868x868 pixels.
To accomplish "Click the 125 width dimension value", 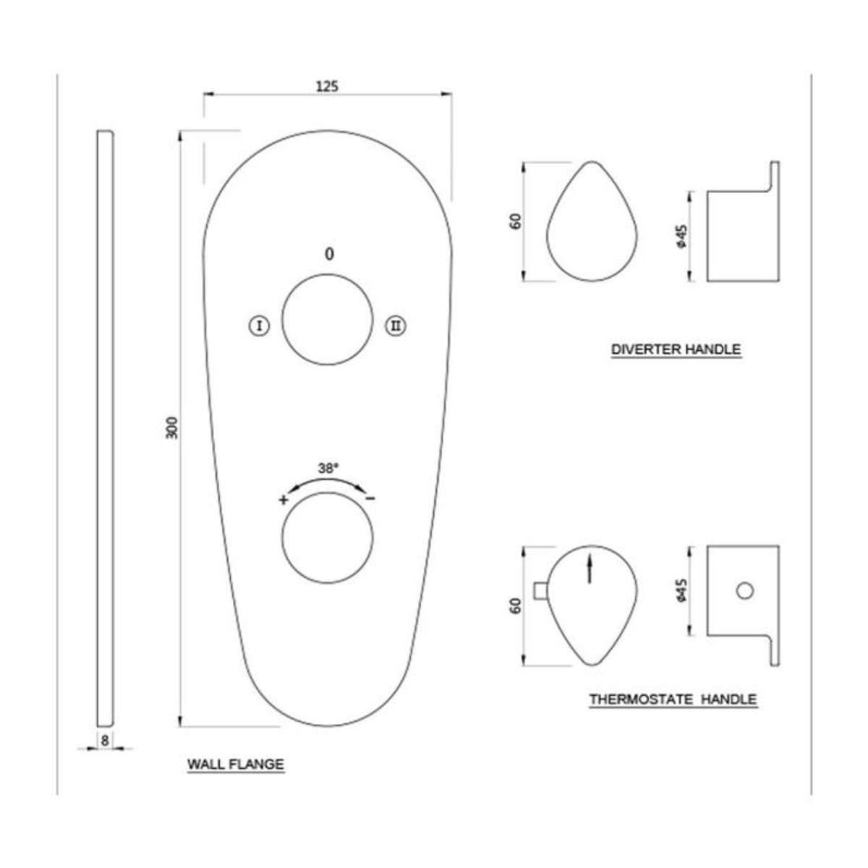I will coord(327,86).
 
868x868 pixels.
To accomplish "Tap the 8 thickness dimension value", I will coord(105,740).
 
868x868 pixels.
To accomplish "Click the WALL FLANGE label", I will coord(236,764).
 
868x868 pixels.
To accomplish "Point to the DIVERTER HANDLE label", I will coord(676,349).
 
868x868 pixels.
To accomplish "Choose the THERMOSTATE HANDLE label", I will coord(673,699).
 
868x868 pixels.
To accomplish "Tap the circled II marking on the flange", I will coord(394,326).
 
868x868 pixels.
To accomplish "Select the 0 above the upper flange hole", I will coord(329,254).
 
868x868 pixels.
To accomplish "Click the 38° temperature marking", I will coord(328,469).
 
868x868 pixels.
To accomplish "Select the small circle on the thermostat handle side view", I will coord(744,591).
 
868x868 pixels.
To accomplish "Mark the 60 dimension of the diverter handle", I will coord(516,222).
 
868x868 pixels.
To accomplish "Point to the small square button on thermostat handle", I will coord(539,591).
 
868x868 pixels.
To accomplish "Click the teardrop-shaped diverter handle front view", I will coord(593,228).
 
